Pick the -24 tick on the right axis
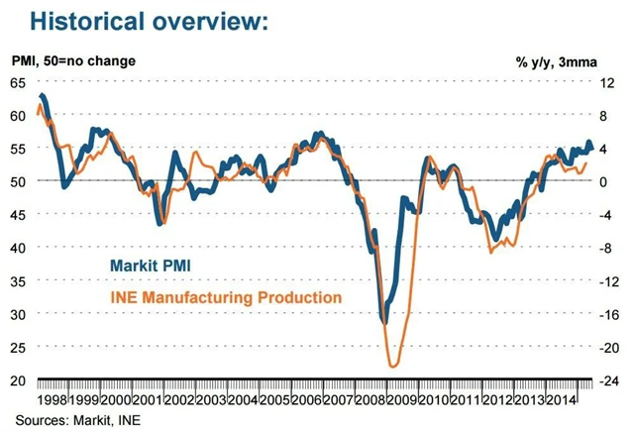point(611,380)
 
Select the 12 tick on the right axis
point(611,83)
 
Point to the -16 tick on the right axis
point(611,314)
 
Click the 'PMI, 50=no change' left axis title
point(74,61)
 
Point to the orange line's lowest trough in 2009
point(393,367)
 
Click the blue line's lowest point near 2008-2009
point(384,322)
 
